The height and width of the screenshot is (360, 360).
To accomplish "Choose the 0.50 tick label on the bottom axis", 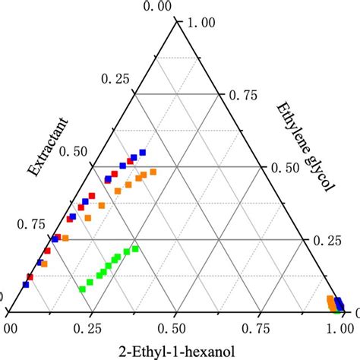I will point(175,327).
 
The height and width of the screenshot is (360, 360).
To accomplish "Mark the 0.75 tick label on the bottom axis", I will point(260,327).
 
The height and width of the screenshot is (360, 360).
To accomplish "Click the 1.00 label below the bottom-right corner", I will point(342,327).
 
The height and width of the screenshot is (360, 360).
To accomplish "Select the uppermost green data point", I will point(136,248).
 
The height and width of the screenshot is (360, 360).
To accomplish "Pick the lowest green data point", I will point(81,289).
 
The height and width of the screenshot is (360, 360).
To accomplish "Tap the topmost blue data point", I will point(141,153).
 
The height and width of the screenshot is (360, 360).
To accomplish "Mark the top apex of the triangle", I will point(175,21).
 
